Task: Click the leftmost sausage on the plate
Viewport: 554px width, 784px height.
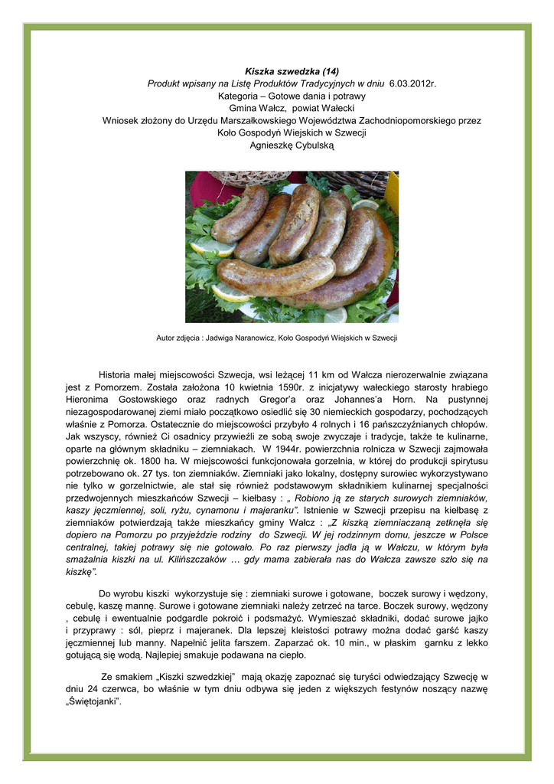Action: click(x=240, y=215)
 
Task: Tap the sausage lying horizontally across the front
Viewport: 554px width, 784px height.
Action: click(x=275, y=275)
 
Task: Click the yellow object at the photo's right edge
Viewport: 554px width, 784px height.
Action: click(x=393, y=191)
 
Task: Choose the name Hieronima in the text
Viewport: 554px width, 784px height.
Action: click(x=89, y=400)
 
